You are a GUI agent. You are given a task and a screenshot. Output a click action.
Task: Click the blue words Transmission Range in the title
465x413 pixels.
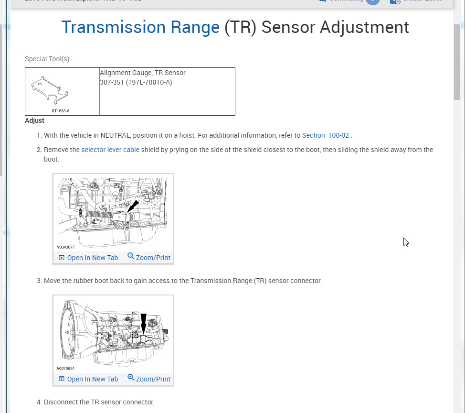tap(140, 27)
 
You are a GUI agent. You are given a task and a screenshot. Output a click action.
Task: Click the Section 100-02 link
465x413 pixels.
tap(325, 135)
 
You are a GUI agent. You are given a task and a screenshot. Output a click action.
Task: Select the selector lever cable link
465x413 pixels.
tap(110, 150)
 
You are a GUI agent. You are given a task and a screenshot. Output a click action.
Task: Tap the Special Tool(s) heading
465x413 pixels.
tap(47, 59)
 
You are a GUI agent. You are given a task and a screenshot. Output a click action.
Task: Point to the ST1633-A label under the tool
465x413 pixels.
tap(61, 111)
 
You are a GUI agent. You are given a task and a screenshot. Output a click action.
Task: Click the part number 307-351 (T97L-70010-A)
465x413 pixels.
tap(136, 82)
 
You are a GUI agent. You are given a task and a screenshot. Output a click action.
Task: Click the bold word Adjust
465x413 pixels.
tap(34, 120)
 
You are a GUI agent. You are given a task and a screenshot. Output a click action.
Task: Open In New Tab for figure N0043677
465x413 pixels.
tap(88, 258)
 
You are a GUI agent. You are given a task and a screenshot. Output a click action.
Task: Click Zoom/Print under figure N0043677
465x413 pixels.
tap(149, 258)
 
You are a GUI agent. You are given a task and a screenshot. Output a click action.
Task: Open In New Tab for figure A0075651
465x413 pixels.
tap(88, 379)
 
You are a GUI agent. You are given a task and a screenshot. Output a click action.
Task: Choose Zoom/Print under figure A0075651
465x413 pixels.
tap(149, 379)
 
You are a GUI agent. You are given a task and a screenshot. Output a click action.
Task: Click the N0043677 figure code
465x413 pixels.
tap(65, 247)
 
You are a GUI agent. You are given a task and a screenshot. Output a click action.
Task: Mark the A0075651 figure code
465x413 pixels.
tap(65, 369)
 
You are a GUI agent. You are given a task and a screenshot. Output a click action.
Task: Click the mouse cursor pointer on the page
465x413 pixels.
tap(406, 242)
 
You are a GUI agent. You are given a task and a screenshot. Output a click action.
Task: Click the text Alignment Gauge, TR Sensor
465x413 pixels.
tap(143, 73)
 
